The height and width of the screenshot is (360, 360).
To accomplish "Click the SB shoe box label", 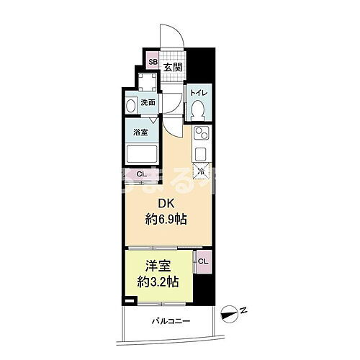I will tap(153, 62).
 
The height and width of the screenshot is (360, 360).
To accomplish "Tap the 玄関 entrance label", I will tap(171, 68).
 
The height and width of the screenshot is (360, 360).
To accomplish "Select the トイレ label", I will tap(199, 94).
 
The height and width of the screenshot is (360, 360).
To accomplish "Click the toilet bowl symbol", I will tap(199, 111).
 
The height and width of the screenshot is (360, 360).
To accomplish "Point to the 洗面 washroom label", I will tap(148, 102).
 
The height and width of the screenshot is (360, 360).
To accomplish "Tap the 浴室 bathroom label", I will tap(140, 132).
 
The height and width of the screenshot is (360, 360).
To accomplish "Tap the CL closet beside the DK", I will tap(141, 174).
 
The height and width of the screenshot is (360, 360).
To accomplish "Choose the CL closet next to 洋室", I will tap(202, 261).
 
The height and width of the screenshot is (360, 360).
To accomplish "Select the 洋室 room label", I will tap(158, 264).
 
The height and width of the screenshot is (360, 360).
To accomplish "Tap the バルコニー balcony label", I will tap(171, 320).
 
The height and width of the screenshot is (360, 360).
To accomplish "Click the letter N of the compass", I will tap(245, 310).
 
